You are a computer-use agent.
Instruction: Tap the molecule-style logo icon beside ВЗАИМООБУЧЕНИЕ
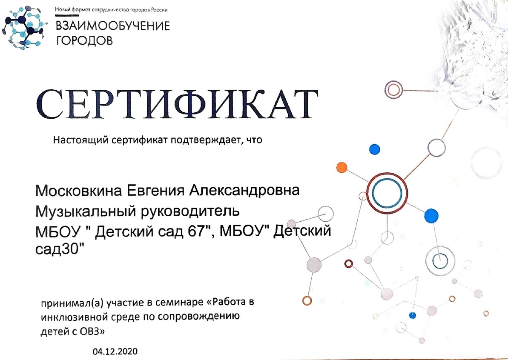(23, 28)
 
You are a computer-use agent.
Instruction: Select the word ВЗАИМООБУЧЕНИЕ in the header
(113, 26)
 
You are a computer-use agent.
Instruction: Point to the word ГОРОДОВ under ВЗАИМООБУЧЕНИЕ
(84, 40)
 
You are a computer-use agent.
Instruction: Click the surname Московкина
(79, 190)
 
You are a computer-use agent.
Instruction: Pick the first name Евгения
(155, 190)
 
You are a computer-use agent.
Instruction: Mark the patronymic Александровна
(244, 190)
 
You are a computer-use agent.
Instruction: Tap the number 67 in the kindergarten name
(195, 231)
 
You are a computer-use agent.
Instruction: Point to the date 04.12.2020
(115, 351)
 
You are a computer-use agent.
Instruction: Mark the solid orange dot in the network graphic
(342, 167)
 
